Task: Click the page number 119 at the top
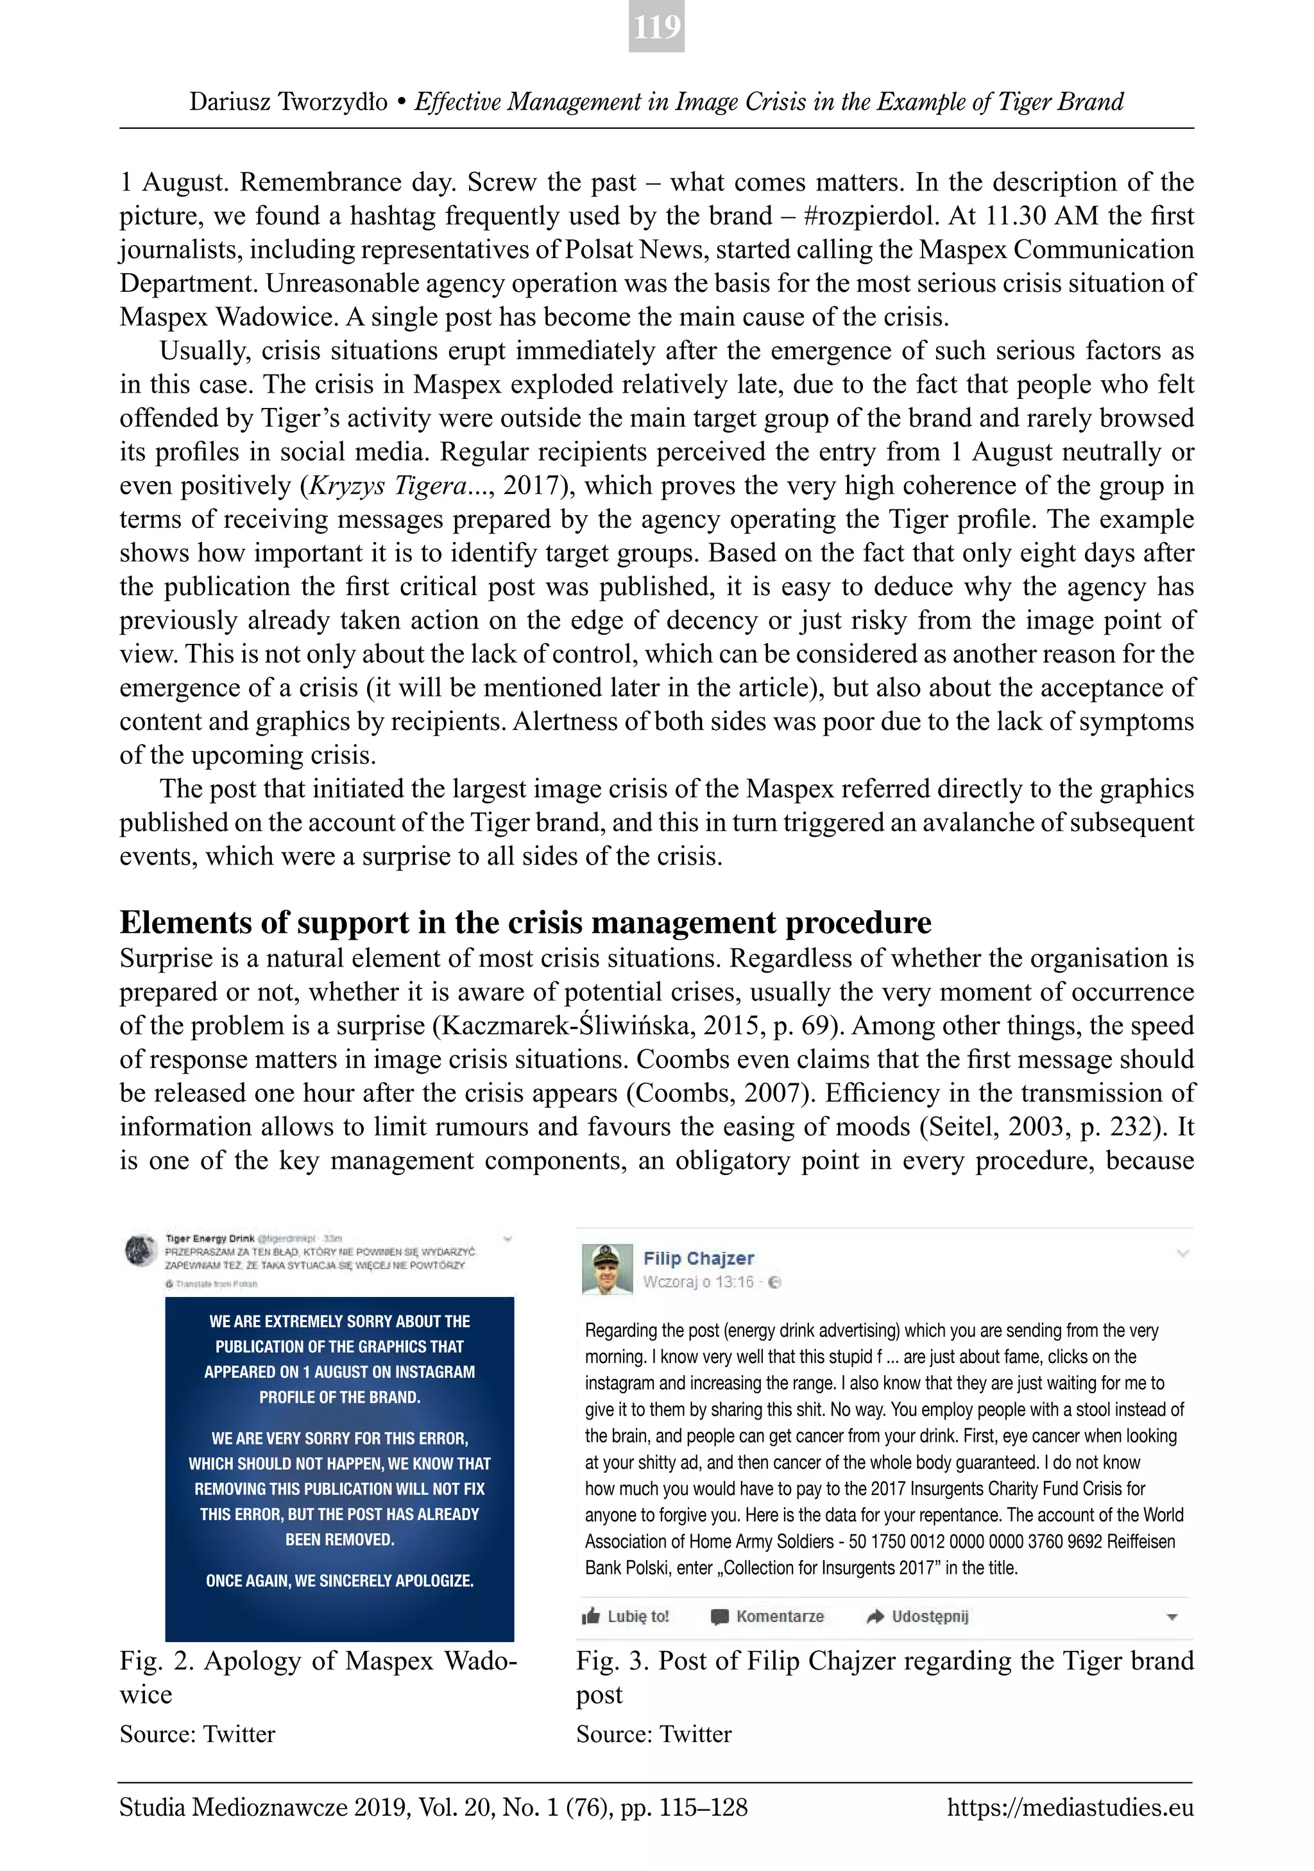(656, 27)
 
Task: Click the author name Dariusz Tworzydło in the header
(289, 102)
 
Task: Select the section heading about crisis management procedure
(525, 922)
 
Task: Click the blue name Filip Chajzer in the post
(699, 1258)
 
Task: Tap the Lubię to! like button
(626, 1616)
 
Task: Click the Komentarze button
(768, 1616)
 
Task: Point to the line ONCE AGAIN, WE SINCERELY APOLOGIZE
(339, 1580)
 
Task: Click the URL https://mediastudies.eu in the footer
(1070, 1808)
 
